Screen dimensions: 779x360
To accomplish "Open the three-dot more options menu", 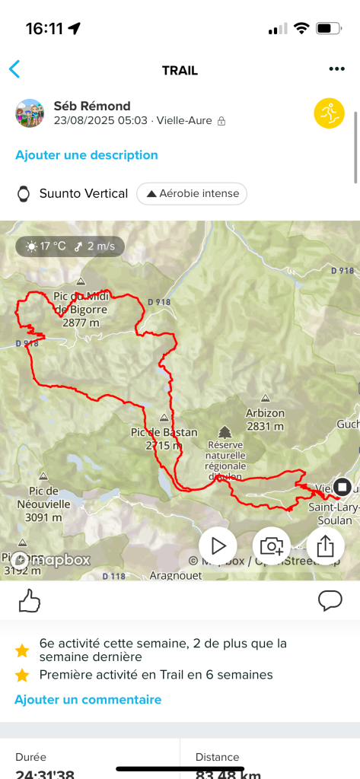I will point(337,69).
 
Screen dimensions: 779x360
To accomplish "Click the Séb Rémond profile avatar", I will point(30,113).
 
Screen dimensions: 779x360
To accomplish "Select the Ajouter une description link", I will point(87,155).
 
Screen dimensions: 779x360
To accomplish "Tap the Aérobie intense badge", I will point(192,193).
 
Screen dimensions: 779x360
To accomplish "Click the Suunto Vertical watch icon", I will point(24,193).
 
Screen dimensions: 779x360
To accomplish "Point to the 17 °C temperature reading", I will point(52,246).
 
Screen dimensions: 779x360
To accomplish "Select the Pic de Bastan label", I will point(164,438).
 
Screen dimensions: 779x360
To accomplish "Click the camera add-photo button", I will point(272,545).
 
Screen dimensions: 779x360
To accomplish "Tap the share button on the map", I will point(325,545).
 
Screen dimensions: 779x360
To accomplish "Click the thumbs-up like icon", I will point(29,601).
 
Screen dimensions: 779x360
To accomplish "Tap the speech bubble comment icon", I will point(330,601).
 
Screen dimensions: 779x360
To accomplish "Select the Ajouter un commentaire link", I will point(88,699).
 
